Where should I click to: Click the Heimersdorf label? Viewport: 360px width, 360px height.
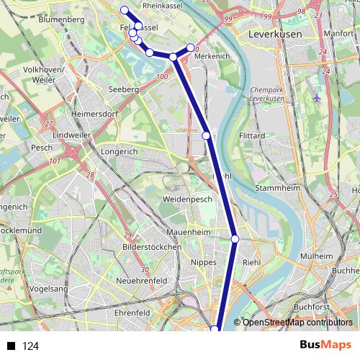[x=94, y=114]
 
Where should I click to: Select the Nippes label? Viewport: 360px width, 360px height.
[x=204, y=263]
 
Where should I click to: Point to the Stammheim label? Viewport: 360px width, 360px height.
[x=277, y=188]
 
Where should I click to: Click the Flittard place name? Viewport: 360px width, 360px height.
[x=251, y=135]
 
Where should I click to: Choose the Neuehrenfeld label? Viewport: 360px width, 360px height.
[x=141, y=280]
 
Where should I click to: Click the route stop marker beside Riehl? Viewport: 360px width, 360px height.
[x=235, y=239]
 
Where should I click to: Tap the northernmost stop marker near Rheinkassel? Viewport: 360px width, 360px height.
[x=125, y=9]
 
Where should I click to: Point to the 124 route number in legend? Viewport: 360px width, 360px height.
[x=30, y=346]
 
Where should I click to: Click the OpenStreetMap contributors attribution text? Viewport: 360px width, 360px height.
[x=297, y=323]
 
